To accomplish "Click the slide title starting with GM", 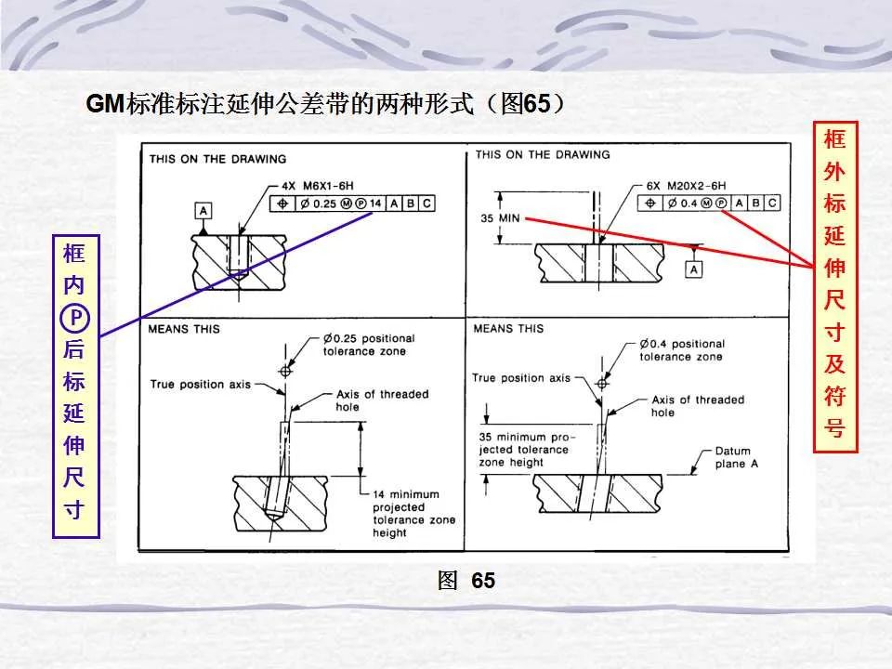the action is [x=325, y=104].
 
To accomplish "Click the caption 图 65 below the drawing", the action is [x=466, y=582].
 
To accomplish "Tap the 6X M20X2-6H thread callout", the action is [x=687, y=184].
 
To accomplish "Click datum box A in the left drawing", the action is [x=203, y=210].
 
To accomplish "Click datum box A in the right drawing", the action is [x=693, y=269].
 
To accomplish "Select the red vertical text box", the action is [x=836, y=286].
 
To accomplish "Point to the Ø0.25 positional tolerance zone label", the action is [x=369, y=344].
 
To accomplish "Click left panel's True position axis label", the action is [x=201, y=384].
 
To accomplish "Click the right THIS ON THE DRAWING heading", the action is [x=543, y=154].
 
